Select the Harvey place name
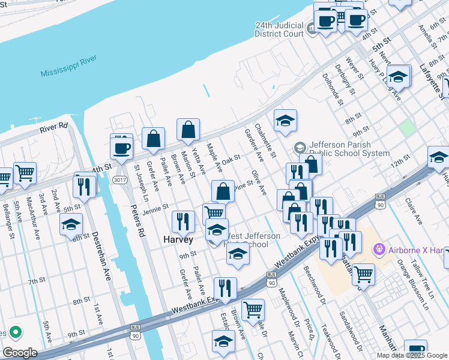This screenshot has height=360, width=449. pyautogui.click(x=178, y=239)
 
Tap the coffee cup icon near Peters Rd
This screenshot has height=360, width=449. pyautogui.click(x=122, y=148)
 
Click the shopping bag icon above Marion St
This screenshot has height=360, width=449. pyautogui.click(x=188, y=129)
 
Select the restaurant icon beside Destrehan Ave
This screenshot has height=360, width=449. pyautogui.click(x=85, y=186)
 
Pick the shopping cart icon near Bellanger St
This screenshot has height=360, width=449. pyautogui.click(x=25, y=173)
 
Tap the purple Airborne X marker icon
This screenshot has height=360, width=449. pyautogui.click(x=378, y=248)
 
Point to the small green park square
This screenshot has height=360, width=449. pyautogui.click(x=408, y=128)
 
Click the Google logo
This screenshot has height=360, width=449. pyautogui.click(x=20, y=353)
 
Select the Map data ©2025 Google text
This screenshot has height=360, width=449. pyautogui.click(x=412, y=355)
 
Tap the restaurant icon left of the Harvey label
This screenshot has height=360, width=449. pyautogui.click(x=183, y=221)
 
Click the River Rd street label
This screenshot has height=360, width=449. pyautogui.click(x=54, y=127)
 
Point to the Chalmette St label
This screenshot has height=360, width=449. pyautogui.click(x=265, y=142)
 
